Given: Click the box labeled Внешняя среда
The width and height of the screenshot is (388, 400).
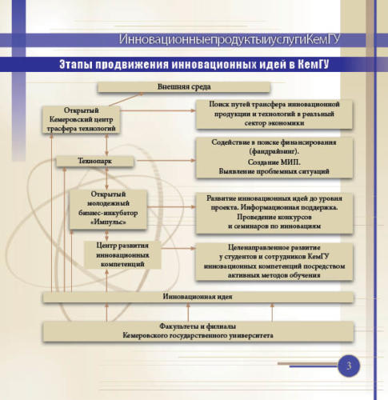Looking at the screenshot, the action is (184, 87).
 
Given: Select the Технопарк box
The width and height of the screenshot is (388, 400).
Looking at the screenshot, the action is (94, 161).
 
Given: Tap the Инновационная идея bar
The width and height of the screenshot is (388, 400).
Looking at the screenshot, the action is (198, 297).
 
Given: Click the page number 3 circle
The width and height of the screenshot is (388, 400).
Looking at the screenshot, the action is (349, 366).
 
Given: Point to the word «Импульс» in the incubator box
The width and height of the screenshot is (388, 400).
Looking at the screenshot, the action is (108, 222).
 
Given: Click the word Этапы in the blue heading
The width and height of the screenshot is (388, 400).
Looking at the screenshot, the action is (74, 65).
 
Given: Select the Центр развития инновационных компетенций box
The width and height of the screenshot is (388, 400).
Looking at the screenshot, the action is (122, 254).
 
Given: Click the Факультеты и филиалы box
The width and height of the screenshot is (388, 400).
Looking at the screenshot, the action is (198, 331).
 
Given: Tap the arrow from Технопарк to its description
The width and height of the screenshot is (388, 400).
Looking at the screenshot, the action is (166, 161).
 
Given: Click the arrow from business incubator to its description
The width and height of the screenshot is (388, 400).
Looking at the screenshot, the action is (171, 206).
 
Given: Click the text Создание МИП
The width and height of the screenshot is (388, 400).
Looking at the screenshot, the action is (274, 162).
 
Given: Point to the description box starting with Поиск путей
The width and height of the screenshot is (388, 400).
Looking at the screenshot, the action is (274, 114).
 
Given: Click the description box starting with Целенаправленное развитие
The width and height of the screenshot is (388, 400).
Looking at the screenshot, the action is (274, 262).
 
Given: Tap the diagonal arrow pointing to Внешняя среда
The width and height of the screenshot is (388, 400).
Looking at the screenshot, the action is (126, 99).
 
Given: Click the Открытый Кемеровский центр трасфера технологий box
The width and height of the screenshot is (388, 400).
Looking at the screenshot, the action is (81, 120).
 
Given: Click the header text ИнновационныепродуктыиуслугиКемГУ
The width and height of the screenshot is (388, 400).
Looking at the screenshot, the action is (230, 39).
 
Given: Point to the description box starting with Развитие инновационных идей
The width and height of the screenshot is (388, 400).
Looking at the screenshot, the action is (274, 213).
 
